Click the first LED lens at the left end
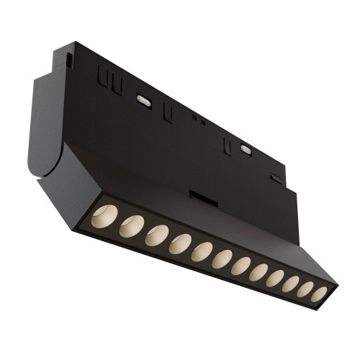pos(106,215)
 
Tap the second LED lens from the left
pos(131,226)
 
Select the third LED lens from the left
pos(156,236)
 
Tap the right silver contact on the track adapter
pos(246,149)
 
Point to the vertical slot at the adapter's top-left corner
pos(68,58)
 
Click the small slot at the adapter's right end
pos(276,177)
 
